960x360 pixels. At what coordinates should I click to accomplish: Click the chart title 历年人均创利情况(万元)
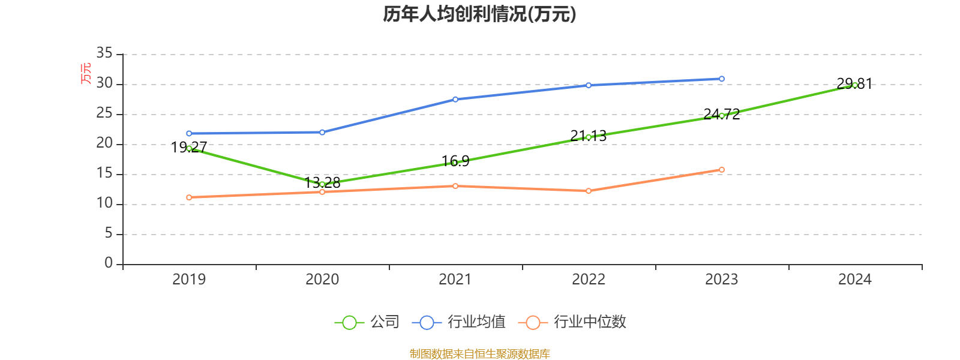pyautogui.click(x=479, y=14)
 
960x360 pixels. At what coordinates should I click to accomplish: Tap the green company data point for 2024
pyautogui.click(x=854, y=85)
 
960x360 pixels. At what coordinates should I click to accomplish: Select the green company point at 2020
pyautogui.click(x=322, y=184)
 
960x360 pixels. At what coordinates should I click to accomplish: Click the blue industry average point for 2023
pyautogui.click(x=721, y=79)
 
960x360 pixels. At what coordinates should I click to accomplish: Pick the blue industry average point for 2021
pyautogui.click(x=455, y=99)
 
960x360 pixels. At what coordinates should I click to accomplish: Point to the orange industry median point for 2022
pyautogui.click(x=588, y=191)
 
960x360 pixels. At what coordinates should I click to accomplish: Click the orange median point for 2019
pyautogui.click(x=189, y=197)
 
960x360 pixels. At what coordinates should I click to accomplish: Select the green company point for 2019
pyautogui.click(x=189, y=148)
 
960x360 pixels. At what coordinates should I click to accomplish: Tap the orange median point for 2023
pyautogui.click(x=721, y=170)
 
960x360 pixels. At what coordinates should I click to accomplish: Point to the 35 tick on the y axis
pyautogui.click(x=104, y=53)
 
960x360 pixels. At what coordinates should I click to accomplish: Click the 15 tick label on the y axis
pyautogui.click(x=104, y=173)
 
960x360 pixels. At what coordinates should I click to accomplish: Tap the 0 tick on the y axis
pyautogui.click(x=109, y=263)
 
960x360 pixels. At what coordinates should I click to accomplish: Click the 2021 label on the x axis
pyautogui.click(x=455, y=279)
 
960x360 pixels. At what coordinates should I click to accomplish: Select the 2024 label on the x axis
pyautogui.click(x=854, y=279)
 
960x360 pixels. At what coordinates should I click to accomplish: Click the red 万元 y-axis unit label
pyautogui.click(x=86, y=73)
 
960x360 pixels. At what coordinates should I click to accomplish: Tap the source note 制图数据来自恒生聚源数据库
pyautogui.click(x=479, y=353)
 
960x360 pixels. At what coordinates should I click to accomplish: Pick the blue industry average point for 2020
pyautogui.click(x=322, y=132)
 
